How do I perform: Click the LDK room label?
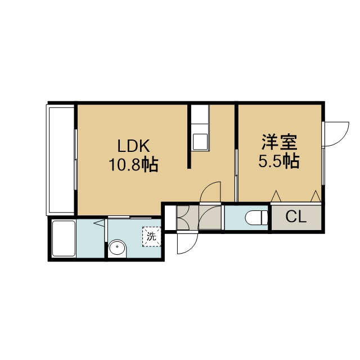tap(133, 146)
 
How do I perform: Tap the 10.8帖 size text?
tap(133, 164)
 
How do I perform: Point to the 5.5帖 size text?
tap(279, 161)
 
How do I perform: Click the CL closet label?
tap(296, 217)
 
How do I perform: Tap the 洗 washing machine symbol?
tap(151, 236)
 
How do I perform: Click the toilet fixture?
tap(256, 218)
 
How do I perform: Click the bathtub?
tap(64, 238)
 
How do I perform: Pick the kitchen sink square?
tap(200, 142)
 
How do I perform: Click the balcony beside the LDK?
tap(61, 160)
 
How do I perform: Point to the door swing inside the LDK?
tap(210, 192)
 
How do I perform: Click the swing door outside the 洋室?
tap(335, 134)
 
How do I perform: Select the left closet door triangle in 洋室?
tap(276, 196)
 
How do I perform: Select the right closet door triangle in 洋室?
tap(316, 196)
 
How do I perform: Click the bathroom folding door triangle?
tap(99, 223)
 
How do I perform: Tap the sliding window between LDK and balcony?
tap(75, 160)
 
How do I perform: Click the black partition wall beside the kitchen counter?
tap(190, 137)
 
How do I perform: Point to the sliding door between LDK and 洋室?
tap(236, 175)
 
